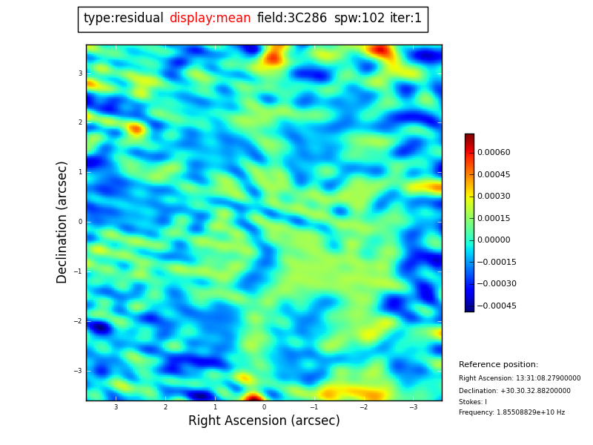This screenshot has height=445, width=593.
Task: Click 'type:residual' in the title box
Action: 123,19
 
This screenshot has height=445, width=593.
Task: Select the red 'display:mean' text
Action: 210,19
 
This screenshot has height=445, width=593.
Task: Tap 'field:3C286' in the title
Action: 292,19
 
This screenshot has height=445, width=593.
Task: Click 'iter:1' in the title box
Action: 405,19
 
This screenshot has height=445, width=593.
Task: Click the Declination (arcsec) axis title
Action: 62,222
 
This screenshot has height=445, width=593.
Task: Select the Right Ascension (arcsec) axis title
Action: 264,421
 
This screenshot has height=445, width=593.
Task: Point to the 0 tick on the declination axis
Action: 79,222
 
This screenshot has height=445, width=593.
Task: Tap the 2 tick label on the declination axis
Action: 79,122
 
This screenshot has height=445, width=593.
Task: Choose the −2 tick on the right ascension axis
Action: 364,407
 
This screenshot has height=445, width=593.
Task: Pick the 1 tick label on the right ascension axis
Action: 215,407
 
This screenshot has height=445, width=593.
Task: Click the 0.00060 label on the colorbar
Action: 494,153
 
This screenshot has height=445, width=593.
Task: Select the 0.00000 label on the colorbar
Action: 494,240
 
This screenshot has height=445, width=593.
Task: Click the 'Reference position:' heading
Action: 498,365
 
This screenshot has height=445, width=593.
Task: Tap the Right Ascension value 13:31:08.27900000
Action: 520,378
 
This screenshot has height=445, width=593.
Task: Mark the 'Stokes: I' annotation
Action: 473,402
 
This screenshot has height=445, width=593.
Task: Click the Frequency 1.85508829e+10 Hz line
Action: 511,412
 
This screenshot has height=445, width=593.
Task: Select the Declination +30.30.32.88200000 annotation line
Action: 514,391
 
